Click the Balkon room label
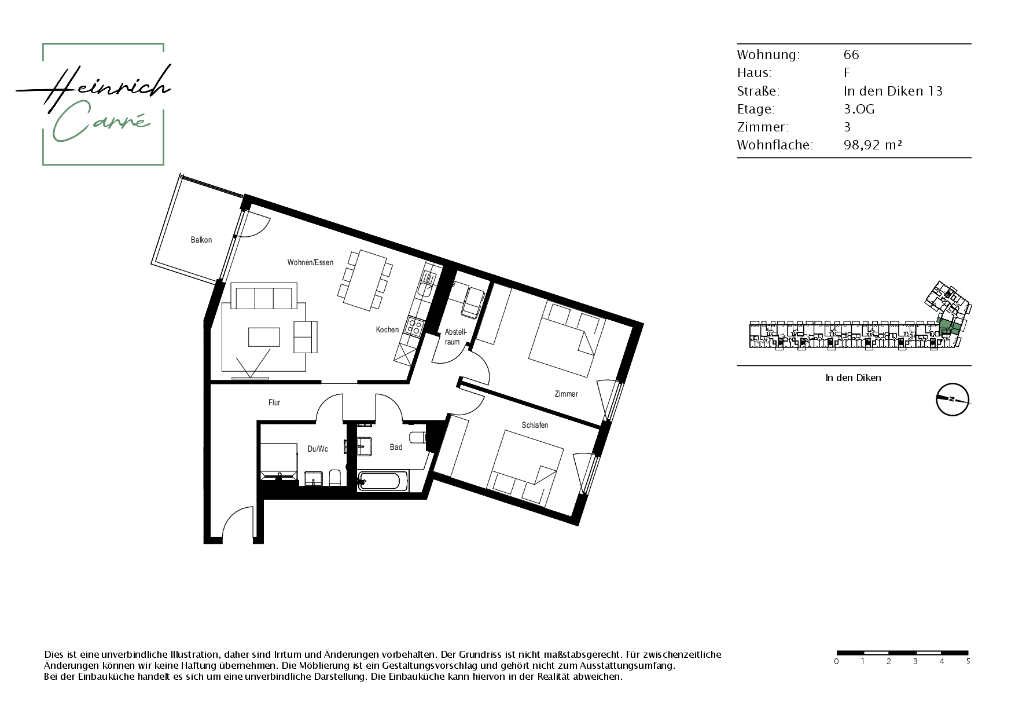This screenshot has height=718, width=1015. (x=201, y=240)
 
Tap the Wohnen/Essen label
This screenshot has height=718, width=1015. (x=310, y=262)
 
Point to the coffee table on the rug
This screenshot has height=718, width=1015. (x=264, y=336)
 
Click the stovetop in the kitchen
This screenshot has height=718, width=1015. (x=414, y=327)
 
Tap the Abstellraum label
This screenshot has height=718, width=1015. (x=455, y=337)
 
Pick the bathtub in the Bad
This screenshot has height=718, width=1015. (x=383, y=481)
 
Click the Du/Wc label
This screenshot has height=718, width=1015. (x=318, y=449)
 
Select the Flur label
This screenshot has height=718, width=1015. (x=274, y=402)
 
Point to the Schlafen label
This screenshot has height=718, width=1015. (x=535, y=425)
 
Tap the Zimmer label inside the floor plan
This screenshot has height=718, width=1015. (x=566, y=394)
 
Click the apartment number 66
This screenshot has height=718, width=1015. (x=851, y=54)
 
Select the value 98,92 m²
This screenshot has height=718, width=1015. (x=873, y=145)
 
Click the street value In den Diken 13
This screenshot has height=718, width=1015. (x=893, y=91)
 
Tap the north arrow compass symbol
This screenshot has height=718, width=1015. (x=953, y=400)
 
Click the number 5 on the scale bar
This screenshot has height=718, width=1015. (x=968, y=661)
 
